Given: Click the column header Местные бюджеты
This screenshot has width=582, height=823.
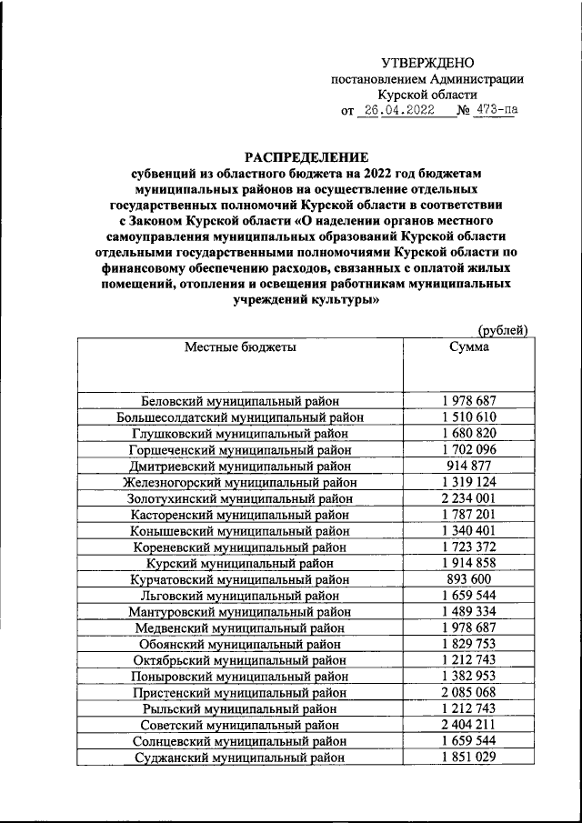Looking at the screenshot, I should pyautogui.click(x=240, y=346).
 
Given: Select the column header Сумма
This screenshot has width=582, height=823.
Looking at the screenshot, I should pyautogui.click(x=468, y=346).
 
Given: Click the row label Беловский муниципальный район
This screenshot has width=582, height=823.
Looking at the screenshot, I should pyautogui.click(x=240, y=401).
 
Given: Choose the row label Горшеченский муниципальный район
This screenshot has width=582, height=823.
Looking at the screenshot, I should pyautogui.click(x=240, y=449).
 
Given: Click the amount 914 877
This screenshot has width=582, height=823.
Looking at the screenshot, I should pyautogui.click(x=468, y=465).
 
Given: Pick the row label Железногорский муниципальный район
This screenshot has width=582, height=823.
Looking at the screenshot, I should pyautogui.click(x=240, y=482).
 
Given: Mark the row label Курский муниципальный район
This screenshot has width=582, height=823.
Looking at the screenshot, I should pyautogui.click(x=240, y=563).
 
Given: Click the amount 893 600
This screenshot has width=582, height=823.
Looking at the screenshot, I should pyautogui.click(x=468, y=578).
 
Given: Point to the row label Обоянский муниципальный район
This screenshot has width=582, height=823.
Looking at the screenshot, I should pyautogui.click(x=240, y=644).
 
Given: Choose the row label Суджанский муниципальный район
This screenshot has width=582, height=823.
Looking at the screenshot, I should pyautogui.click(x=240, y=757).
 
